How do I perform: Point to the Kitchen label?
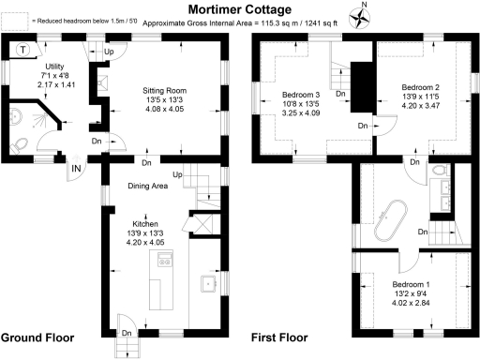(x=144, y=225)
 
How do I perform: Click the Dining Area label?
(x=147, y=186)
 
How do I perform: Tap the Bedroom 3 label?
(x=302, y=95)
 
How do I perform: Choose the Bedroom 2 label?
(x=414, y=86)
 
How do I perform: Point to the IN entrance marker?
(x=77, y=168)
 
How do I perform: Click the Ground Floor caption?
(x=37, y=337)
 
